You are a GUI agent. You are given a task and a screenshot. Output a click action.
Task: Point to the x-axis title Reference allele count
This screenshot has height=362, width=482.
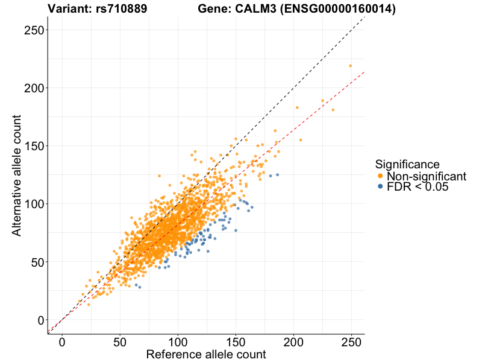click(206, 354)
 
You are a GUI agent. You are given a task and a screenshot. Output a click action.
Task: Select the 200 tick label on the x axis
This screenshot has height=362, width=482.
click(293, 341)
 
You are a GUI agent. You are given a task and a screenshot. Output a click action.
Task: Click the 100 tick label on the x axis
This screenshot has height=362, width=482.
click(178, 341)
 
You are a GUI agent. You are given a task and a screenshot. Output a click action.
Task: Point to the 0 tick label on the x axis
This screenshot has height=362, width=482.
click(62, 341)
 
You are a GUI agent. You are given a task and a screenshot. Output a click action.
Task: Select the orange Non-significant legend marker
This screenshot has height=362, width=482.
click(380, 176)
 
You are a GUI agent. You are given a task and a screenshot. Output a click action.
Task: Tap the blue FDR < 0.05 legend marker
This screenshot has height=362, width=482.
click(380, 187)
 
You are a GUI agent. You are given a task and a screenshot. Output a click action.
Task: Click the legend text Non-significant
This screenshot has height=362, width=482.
click(427, 176)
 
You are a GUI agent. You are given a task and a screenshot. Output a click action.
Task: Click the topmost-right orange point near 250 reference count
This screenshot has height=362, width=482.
click(350, 66)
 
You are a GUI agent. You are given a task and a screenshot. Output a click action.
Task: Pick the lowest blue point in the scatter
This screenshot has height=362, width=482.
click(139, 287)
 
